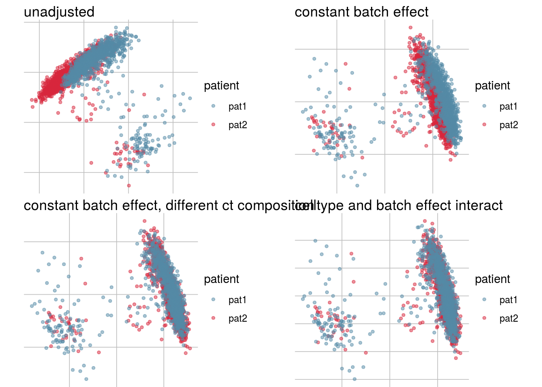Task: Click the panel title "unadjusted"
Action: point(59,12)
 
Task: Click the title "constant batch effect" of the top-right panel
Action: point(361,12)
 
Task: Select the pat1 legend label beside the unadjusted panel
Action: point(237,106)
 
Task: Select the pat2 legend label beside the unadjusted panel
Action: point(238,125)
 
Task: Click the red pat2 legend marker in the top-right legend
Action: point(484,125)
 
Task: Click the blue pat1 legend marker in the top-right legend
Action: point(484,106)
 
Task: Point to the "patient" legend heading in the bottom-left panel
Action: point(221,279)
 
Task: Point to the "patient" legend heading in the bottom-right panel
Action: point(492,279)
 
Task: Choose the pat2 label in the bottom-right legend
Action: point(509,318)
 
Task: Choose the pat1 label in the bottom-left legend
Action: point(237,300)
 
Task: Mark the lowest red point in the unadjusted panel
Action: point(129,185)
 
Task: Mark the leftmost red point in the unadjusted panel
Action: point(31,100)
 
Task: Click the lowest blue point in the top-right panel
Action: point(357,185)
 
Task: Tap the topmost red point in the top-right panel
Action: point(411,27)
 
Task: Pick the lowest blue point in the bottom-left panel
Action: point(86,379)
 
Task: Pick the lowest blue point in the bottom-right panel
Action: point(354,379)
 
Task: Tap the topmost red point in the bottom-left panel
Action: point(144,221)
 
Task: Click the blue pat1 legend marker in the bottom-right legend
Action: point(484,300)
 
